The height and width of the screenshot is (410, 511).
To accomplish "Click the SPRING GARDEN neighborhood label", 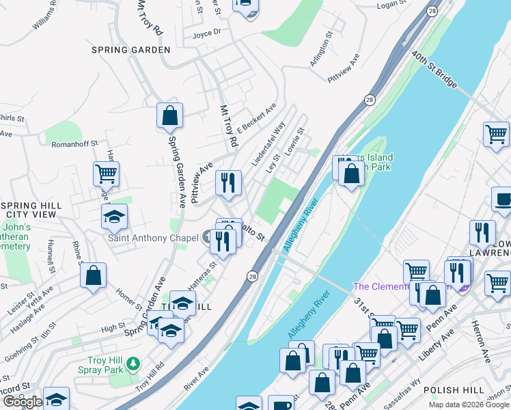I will coord(130,50).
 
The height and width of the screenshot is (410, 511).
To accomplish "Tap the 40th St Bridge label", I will coord(434,70).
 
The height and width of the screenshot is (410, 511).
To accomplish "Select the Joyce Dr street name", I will coord(207,33).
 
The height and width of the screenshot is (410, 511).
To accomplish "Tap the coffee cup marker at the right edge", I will coord(502,199).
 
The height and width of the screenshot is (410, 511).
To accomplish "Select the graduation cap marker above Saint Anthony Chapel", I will coord(115,217).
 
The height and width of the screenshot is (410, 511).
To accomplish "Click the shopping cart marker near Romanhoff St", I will coord(106,174).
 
